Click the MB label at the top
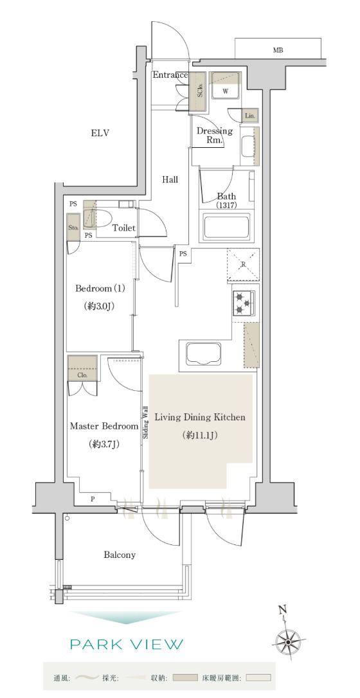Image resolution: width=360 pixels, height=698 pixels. [278, 50]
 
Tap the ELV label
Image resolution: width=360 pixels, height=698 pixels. [100, 132]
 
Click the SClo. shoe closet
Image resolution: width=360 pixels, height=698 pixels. [199, 92]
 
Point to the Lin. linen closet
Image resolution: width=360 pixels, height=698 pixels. [249, 116]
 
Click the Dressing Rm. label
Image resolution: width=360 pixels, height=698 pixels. [215, 136]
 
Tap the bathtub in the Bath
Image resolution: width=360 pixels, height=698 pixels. [226, 228]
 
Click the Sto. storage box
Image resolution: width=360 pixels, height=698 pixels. [74, 228]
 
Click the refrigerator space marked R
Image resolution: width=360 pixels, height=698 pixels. [243, 265]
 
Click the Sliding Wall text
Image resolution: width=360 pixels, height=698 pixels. [145, 423]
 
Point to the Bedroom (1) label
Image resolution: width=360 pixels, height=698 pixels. [100, 289]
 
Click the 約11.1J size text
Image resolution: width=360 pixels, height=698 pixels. [200, 435]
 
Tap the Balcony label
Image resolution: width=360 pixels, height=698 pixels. [120, 555]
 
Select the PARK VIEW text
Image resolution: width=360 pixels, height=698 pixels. [127, 644]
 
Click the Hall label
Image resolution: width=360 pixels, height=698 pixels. [170, 179]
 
